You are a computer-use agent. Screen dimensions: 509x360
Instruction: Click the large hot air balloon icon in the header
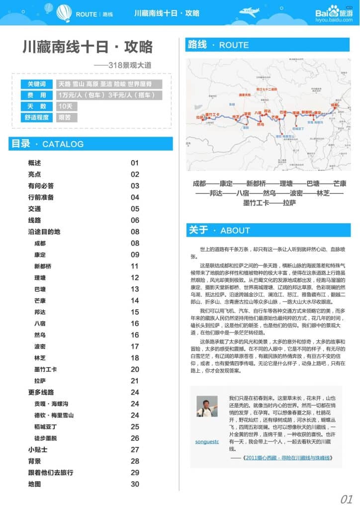point(64,13)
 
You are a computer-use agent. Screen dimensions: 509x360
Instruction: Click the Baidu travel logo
point(334,13)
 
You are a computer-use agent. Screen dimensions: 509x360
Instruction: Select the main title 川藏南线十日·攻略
point(88,47)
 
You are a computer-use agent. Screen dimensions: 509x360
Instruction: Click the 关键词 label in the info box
point(36,84)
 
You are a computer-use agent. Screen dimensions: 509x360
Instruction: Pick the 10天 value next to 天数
point(65,106)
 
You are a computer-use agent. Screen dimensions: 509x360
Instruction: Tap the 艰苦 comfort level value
point(65,118)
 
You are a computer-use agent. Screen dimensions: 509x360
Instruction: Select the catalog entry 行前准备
point(41,197)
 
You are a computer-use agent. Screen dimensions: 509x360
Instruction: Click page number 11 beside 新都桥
point(135,266)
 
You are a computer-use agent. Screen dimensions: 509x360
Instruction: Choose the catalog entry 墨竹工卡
point(45,369)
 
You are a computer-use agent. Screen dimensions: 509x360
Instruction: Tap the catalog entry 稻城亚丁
point(45,426)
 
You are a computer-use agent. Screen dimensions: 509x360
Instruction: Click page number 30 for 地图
point(135,484)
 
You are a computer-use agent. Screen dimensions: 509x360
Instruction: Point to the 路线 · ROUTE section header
point(218,45)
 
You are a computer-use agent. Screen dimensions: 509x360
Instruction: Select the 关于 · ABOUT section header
point(219,230)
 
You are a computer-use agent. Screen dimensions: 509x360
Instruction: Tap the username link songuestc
point(207,441)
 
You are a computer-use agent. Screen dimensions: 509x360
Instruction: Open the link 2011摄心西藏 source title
point(288,458)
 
